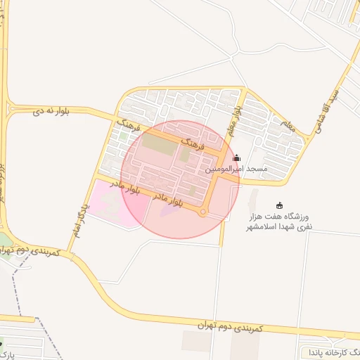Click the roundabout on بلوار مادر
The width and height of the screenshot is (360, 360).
[203, 212]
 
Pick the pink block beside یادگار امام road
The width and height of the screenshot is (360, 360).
[112, 202]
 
